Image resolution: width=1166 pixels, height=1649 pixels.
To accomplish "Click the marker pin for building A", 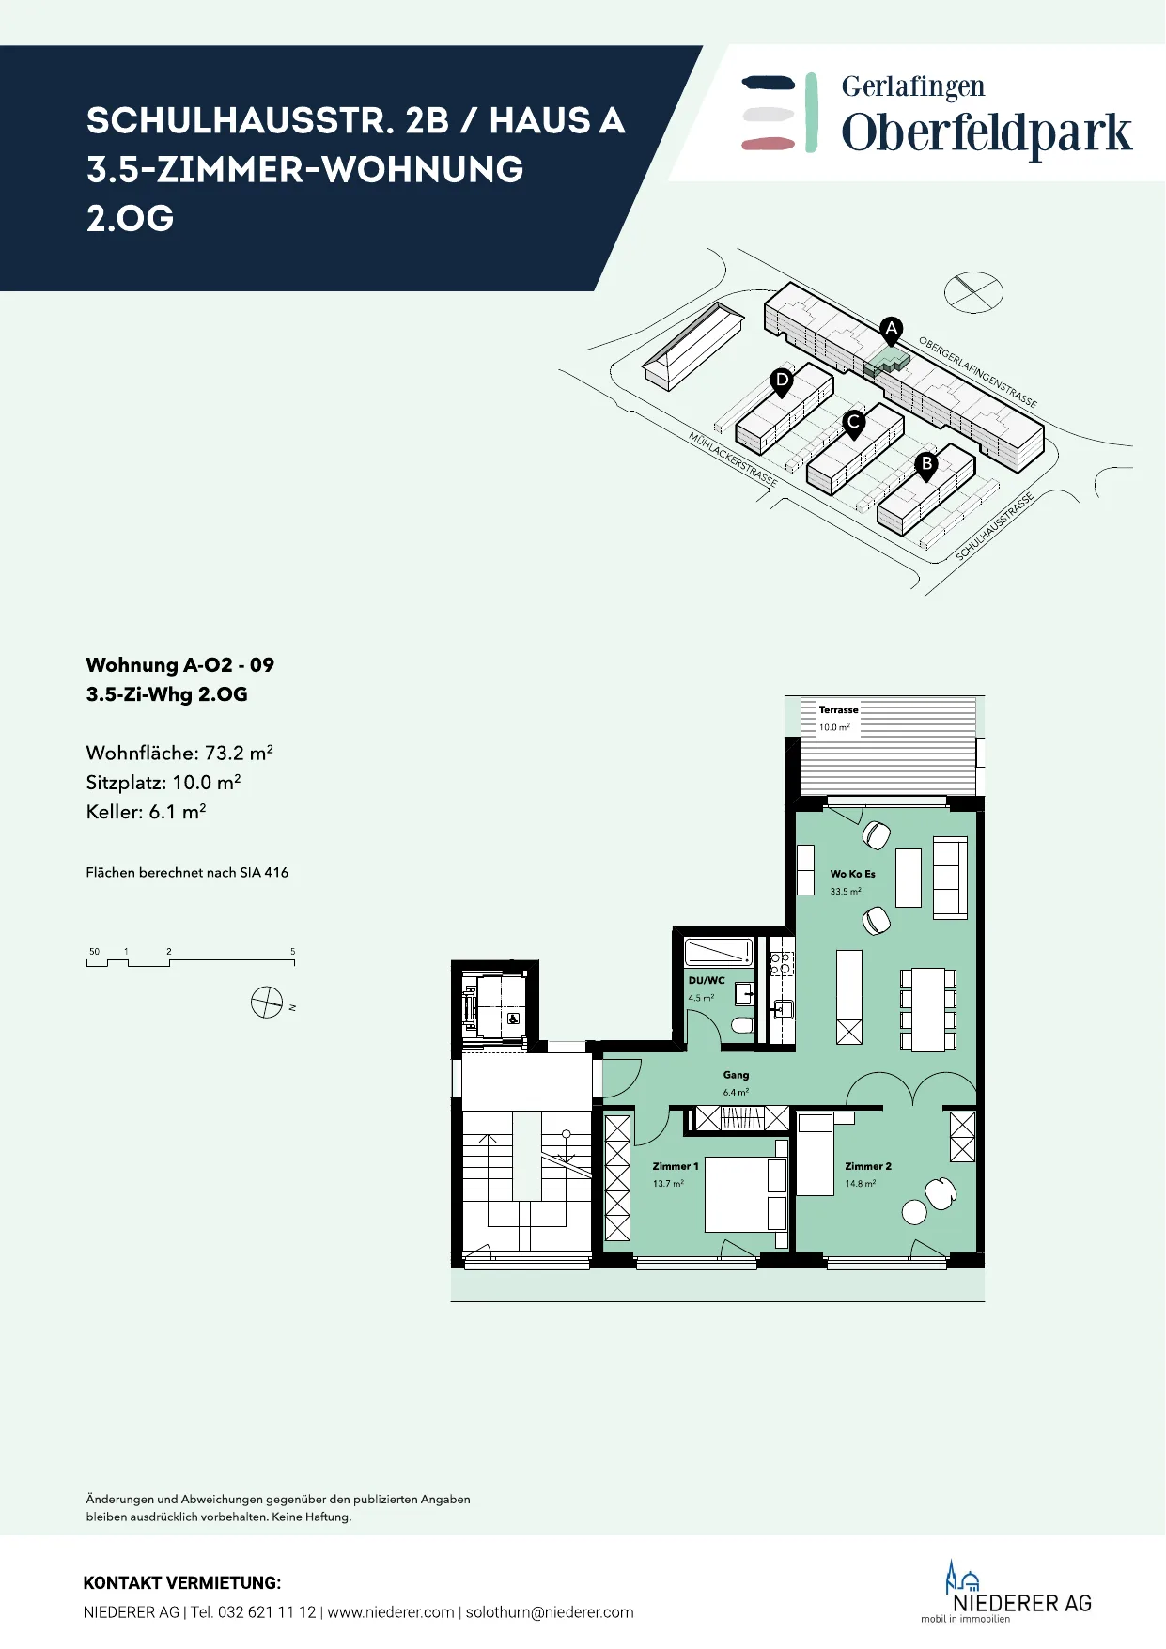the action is [x=892, y=331].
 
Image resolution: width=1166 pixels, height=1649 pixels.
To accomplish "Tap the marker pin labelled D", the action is [x=782, y=382].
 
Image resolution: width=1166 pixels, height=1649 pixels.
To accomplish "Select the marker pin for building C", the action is [x=853, y=424].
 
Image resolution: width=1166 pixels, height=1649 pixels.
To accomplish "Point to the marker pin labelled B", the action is [x=926, y=466].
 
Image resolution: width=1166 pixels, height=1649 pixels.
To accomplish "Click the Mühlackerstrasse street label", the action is [x=733, y=459].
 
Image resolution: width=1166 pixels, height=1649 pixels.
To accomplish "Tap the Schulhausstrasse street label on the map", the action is [x=995, y=527].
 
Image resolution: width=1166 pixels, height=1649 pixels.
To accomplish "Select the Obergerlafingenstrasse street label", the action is [x=978, y=372].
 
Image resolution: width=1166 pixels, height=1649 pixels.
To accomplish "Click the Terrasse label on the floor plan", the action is [x=838, y=710].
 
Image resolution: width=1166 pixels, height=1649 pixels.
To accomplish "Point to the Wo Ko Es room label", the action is [x=852, y=874].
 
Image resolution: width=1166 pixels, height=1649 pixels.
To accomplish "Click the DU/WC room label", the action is [x=707, y=980].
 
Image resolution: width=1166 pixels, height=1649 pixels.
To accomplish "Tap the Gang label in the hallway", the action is [x=736, y=1075].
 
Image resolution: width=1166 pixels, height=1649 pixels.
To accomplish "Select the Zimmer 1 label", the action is [x=676, y=1166].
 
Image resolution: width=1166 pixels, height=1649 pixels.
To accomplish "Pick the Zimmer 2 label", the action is [x=868, y=1166].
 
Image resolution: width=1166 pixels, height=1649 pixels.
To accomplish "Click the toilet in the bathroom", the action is [x=742, y=1024].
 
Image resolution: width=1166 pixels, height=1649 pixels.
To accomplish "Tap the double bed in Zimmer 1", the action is [x=746, y=1194].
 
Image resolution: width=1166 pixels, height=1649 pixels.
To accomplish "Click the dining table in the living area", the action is [x=928, y=1010].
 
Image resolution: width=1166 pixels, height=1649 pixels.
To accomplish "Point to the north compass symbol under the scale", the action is [x=267, y=1003].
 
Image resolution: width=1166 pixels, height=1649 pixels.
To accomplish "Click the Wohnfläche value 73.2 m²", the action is [x=239, y=753].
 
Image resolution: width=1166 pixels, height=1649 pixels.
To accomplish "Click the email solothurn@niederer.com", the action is [x=550, y=1612].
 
